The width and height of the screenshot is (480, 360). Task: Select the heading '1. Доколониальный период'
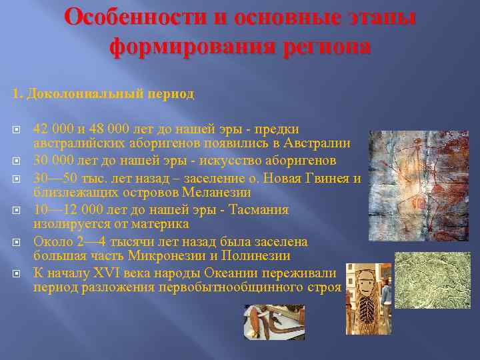[103, 94]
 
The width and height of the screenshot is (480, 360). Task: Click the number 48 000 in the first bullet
[103, 129]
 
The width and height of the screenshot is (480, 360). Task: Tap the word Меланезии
[221, 192]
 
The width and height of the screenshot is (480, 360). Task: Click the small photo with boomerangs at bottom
[274, 322]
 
